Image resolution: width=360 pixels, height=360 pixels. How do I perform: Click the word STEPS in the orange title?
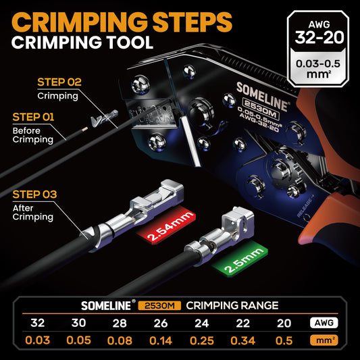point(192,22)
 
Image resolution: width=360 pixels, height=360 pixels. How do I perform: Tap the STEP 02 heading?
point(59,82)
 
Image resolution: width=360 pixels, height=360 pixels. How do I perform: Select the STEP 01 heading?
point(33,117)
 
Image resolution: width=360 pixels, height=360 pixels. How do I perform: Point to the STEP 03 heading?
point(34,195)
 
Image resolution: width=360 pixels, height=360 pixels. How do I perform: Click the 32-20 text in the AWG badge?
point(319,37)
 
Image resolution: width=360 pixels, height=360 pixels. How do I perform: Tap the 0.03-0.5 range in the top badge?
point(317,63)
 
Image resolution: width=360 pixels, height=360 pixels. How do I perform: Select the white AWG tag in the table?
point(324,323)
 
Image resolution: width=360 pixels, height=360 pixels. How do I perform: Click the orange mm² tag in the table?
point(324,340)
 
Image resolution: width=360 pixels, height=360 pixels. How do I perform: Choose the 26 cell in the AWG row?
point(161,323)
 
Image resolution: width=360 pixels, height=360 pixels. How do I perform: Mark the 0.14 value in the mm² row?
point(161,340)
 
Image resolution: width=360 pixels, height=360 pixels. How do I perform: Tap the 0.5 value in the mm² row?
point(284,340)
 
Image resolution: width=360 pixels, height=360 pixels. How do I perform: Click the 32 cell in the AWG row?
point(37,323)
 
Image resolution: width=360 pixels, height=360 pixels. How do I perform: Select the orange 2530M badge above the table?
point(159,305)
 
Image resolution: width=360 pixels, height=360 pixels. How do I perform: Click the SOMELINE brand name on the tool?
point(262,96)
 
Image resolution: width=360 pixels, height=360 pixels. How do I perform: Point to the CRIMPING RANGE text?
point(232,305)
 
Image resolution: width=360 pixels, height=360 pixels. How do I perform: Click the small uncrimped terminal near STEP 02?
point(105,118)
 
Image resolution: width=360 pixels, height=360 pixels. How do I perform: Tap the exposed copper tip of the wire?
point(85,129)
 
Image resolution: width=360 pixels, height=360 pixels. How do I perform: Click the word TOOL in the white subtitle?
point(130,43)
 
